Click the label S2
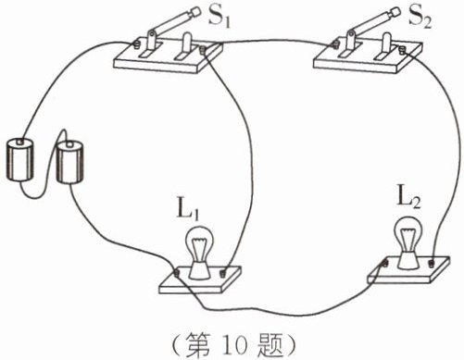tap(420, 17)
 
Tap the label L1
tap(188, 210)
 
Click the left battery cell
tap(20, 160)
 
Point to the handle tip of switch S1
tap(194, 13)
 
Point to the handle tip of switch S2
tap(395, 14)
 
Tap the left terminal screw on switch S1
tap(136, 43)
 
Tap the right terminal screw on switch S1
tap(203, 50)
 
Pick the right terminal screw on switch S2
tap(402, 49)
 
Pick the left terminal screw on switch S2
tap(335, 43)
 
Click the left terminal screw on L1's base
tap(176, 273)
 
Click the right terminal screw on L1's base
tap(222, 273)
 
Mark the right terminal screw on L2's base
tap(431, 263)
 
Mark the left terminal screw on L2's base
tap(385, 263)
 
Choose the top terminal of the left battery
tap(20, 142)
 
